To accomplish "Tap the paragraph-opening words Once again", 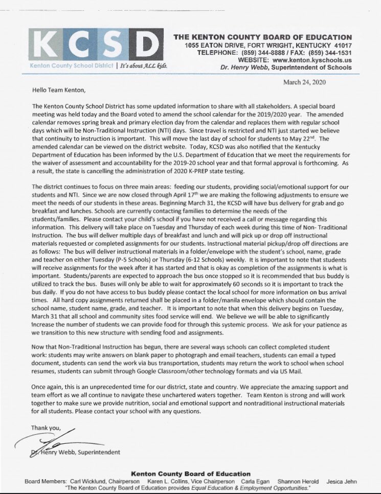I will pos(47,388).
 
